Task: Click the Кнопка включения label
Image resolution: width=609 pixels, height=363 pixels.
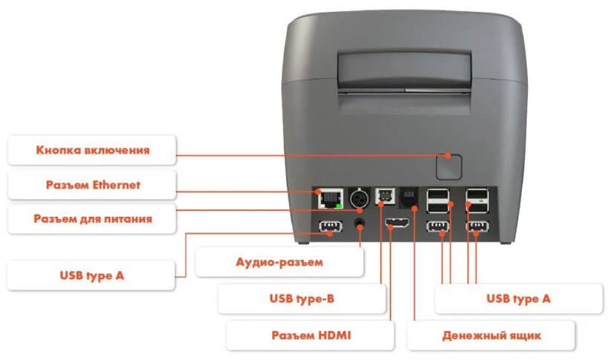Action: (92, 150)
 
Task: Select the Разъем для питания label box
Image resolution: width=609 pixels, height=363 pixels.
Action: (92, 218)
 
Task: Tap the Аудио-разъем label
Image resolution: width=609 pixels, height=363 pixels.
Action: (279, 262)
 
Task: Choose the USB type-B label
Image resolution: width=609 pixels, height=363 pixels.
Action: (302, 298)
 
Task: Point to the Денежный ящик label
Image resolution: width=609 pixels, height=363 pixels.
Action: (492, 336)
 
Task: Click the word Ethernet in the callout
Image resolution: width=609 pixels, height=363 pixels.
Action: (117, 185)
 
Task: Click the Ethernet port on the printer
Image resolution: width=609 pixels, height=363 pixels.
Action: (330, 198)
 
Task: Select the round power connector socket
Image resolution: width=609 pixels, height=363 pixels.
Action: (359, 199)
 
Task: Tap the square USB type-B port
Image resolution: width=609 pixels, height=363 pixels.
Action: (385, 196)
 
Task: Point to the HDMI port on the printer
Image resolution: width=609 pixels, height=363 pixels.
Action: (397, 223)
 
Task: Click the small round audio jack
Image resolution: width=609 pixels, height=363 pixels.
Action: (359, 223)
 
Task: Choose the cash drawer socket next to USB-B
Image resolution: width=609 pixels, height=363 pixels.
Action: (408, 197)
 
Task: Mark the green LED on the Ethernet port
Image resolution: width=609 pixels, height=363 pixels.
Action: (339, 205)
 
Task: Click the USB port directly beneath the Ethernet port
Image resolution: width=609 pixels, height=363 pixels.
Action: (330, 226)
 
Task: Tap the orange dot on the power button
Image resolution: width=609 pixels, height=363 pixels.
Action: (448, 156)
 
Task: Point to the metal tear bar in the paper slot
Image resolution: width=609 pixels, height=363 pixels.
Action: (405, 91)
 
